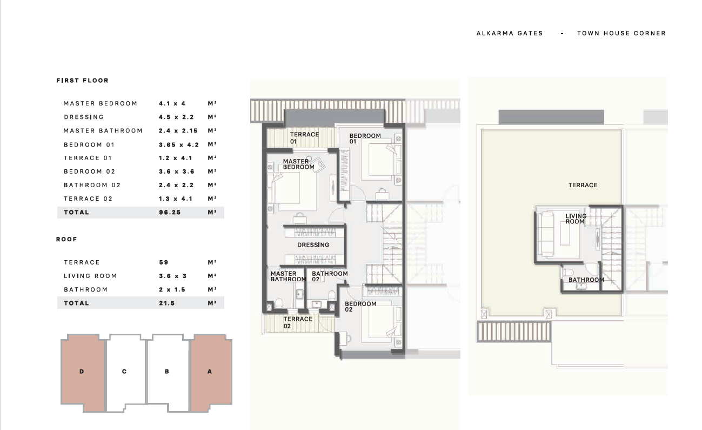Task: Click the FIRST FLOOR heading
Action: [83, 81]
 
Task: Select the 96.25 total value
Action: [170, 213]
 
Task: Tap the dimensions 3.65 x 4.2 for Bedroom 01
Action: [179, 144]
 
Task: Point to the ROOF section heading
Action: [66, 239]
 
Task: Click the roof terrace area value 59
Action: [164, 262]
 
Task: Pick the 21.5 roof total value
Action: [167, 303]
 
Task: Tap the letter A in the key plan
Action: [210, 372]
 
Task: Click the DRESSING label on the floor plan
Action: [313, 245]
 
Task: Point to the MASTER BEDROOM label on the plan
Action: [298, 164]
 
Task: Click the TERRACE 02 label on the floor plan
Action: [298, 322]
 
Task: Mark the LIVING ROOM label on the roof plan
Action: [576, 219]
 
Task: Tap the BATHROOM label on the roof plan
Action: [586, 280]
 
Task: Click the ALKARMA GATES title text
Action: [510, 33]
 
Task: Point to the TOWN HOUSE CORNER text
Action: [621, 33]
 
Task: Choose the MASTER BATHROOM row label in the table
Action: [103, 131]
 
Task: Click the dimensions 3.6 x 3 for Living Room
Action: [173, 276]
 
